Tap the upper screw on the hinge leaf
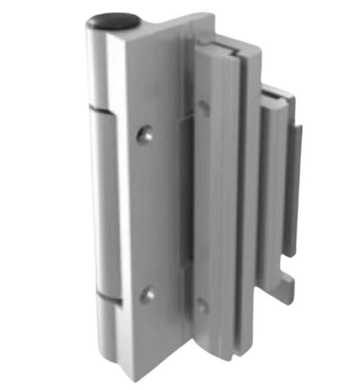tap(147, 134)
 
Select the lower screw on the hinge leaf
tap(148, 295)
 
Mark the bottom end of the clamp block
tap(220, 360)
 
